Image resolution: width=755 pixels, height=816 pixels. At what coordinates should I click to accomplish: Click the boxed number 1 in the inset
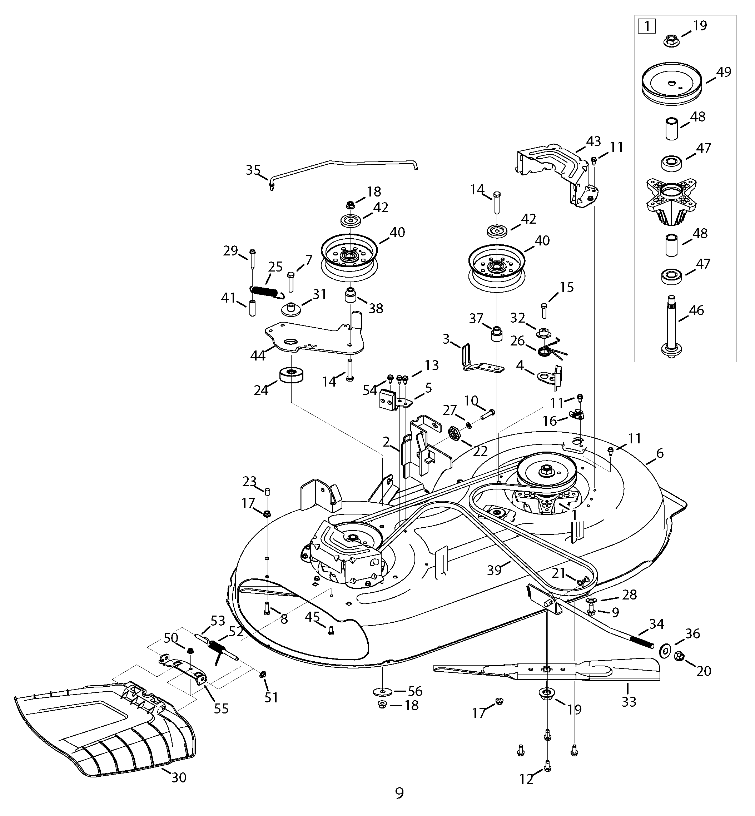click(647, 27)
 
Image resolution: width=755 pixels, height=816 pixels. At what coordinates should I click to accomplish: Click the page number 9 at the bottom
click(399, 793)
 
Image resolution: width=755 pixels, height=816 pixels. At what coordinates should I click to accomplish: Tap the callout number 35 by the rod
click(253, 170)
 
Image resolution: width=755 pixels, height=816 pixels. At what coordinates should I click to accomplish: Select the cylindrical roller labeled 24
click(291, 375)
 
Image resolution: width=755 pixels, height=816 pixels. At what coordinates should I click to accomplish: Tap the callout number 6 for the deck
click(660, 453)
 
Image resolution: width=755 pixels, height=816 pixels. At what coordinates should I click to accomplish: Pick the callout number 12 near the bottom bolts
click(527, 780)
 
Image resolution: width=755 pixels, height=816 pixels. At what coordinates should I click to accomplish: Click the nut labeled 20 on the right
click(679, 657)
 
